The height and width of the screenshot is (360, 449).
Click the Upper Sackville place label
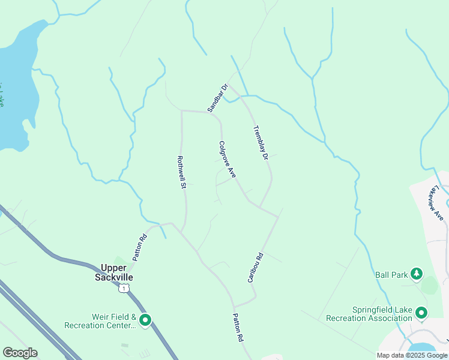[113, 272]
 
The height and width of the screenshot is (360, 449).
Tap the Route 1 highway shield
[123, 289]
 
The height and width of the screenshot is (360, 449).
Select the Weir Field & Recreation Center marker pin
[145, 320]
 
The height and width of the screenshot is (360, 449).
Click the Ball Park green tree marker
[417, 275]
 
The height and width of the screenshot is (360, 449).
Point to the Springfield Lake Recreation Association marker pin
[421, 313]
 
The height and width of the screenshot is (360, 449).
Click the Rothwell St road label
[180, 173]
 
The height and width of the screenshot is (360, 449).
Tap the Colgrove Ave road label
[227, 159]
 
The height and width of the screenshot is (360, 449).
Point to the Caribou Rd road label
[256, 268]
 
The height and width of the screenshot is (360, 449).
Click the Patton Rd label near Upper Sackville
[140, 246]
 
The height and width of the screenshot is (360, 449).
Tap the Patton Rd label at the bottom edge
[238, 328]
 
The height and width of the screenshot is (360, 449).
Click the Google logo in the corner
[20, 353]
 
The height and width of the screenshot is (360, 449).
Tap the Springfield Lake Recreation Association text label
[369, 314]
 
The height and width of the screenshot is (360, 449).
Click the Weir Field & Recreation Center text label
[100, 321]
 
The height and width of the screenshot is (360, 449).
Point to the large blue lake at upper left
[15, 90]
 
